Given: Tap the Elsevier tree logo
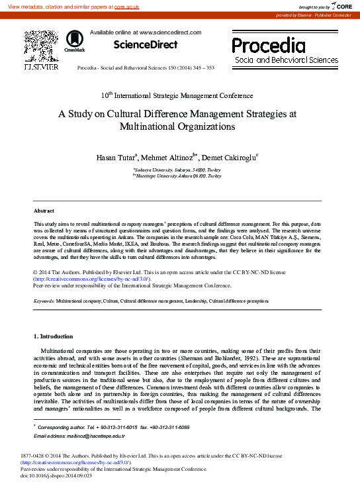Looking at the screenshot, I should click(41, 46).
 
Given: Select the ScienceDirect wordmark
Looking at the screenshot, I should click(146, 45).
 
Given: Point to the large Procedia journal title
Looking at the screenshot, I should click(268, 45).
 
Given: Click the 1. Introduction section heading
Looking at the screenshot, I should click(53, 336).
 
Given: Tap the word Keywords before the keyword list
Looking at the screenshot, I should click(44, 301).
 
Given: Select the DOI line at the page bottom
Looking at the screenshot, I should click(56, 475).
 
